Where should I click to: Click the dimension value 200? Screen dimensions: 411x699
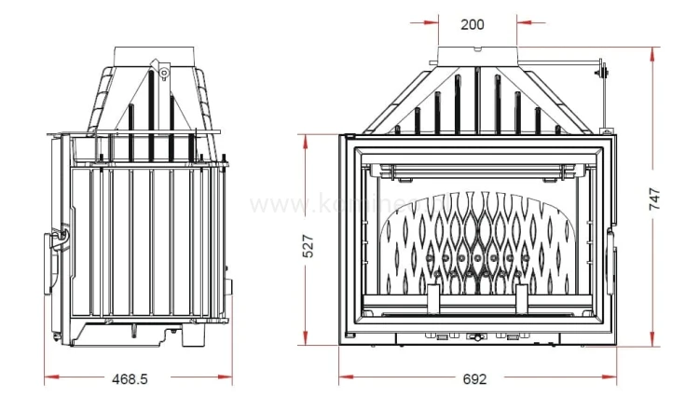pyautogui.click(x=473, y=24)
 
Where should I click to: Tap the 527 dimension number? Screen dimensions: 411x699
pyautogui.click(x=308, y=244)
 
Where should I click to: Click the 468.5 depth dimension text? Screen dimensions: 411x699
pyautogui.click(x=130, y=379)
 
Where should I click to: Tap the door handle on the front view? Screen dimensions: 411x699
pyautogui.click(x=611, y=255)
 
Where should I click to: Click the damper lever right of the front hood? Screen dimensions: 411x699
pyautogui.click(x=603, y=69)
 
